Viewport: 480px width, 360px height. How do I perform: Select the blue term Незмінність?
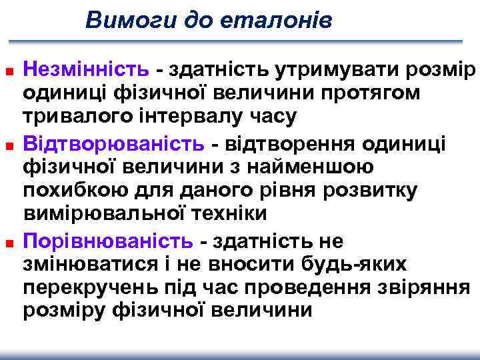tap(87, 68)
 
